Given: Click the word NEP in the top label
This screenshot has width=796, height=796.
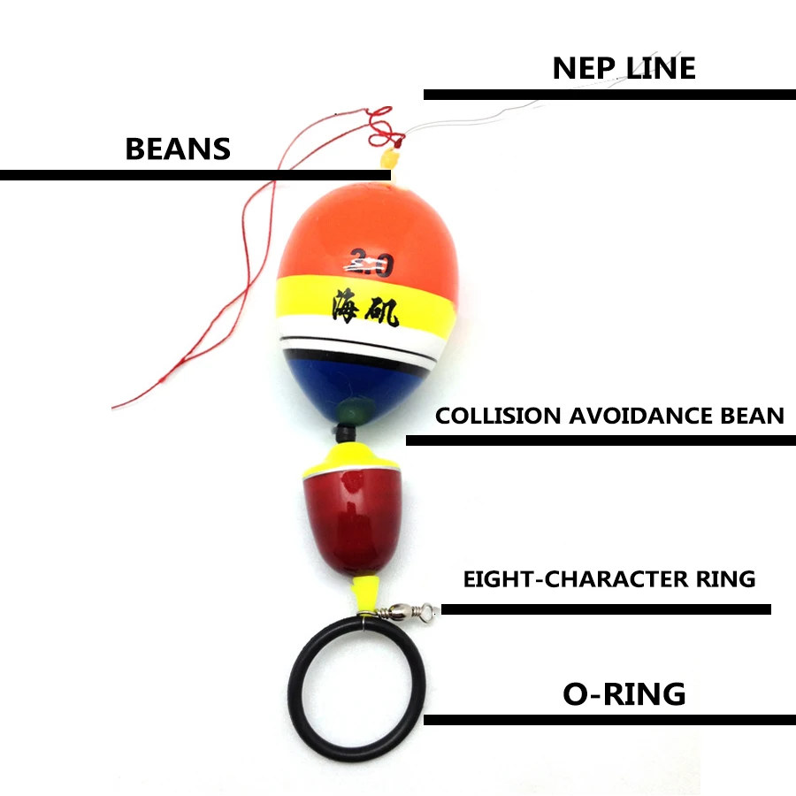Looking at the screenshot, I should pos(580,69).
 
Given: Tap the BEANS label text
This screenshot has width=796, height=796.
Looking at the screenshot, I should pos(178,149).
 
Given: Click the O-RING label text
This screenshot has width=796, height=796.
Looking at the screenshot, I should pos(624,694).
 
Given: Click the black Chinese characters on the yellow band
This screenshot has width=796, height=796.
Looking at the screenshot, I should pos(365,307).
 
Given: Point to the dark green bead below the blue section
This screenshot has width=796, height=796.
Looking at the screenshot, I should pos(350,409).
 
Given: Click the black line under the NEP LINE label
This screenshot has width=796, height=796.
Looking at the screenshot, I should pos(609,95).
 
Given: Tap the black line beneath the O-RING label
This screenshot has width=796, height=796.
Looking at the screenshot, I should pos(609,719).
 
